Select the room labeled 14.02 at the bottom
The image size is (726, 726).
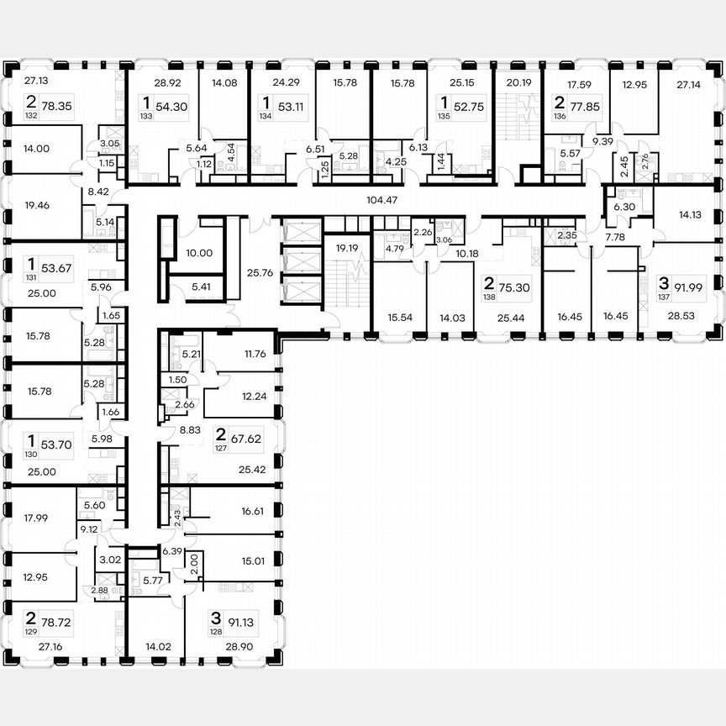158,647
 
